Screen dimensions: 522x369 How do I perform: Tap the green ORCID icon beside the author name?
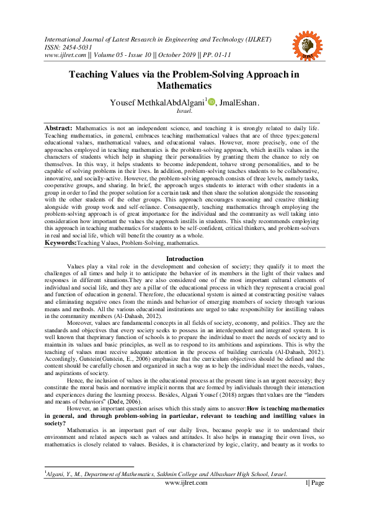coord(211,102)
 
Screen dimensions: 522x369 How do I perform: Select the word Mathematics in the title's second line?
coord(184,86)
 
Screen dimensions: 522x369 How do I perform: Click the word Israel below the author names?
coord(184,112)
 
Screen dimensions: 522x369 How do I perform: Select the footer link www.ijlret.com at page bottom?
coord(184,483)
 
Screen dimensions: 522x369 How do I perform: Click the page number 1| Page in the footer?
coord(314,483)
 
